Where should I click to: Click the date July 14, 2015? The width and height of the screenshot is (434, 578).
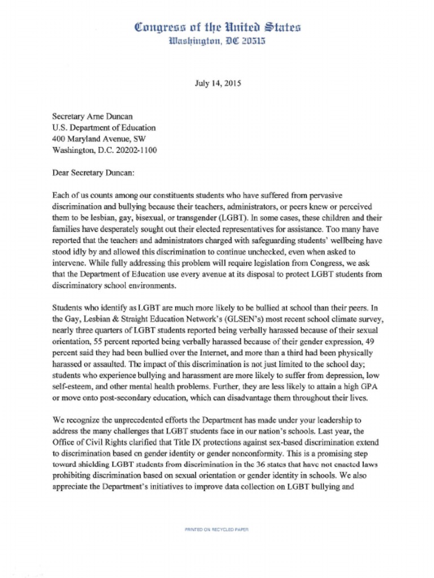click(218, 84)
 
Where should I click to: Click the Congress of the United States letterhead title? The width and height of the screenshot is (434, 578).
click(218, 27)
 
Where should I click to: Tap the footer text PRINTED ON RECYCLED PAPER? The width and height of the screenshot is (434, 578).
click(217, 529)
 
